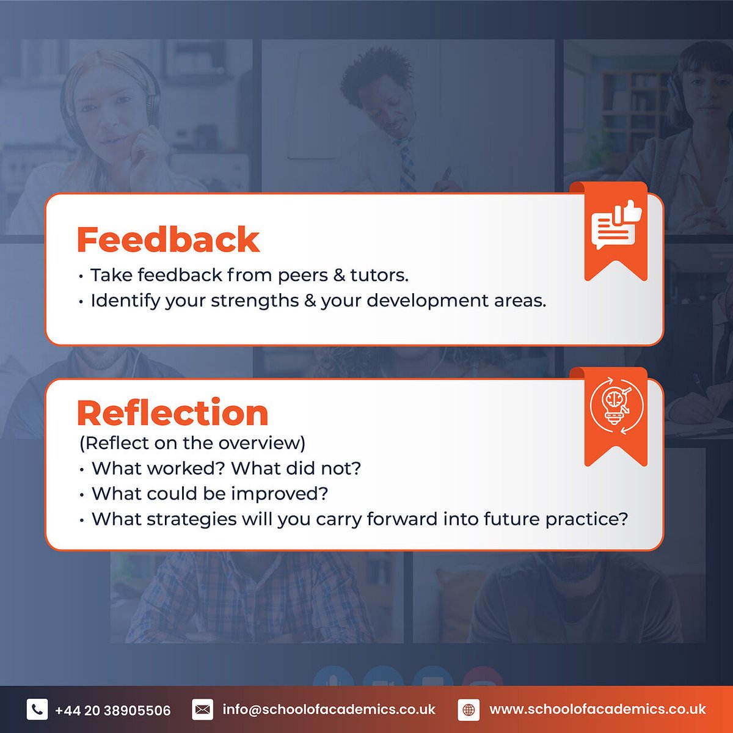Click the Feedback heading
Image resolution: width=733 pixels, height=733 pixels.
pos(168,239)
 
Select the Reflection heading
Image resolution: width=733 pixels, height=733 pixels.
pos(172,413)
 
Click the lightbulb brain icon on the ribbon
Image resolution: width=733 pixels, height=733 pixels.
pos(616,407)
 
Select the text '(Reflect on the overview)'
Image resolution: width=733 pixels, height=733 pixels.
pos(192,443)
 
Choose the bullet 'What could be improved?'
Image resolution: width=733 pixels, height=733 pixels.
pos(210,494)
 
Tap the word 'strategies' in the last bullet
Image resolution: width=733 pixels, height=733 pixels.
pos(194,519)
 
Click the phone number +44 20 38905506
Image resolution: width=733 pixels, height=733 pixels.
pos(113,710)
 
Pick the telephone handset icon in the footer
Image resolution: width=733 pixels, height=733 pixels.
pos(37,710)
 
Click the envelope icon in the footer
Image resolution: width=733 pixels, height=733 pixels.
pos(202,710)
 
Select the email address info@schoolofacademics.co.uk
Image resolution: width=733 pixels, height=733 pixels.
pos(329,710)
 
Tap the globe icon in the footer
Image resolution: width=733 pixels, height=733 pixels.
pos(469,710)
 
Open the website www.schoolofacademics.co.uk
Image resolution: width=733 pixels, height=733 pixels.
pos(597,710)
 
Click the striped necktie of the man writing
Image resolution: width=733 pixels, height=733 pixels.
pos(406,165)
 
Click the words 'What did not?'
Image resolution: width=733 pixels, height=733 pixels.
pos(296,469)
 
